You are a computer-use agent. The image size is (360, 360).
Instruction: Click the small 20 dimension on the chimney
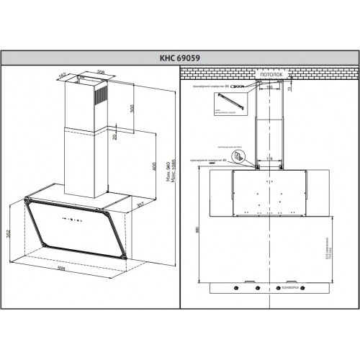coord(114,135)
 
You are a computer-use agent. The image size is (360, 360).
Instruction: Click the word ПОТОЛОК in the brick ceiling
coord(269,73)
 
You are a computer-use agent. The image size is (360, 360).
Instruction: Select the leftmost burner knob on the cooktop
coord(236,289)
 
